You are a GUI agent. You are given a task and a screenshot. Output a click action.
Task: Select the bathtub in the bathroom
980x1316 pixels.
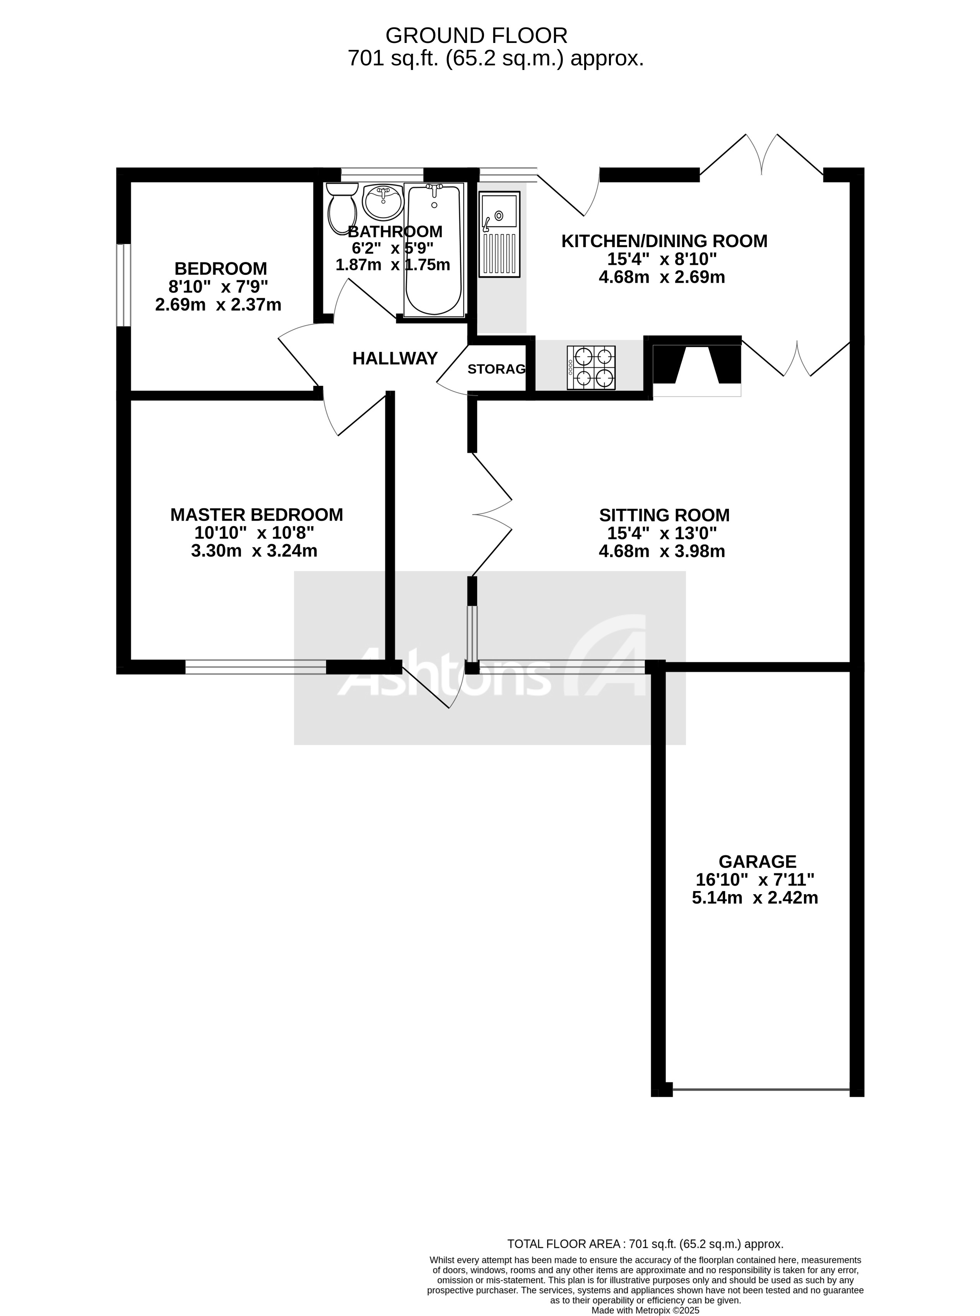434,249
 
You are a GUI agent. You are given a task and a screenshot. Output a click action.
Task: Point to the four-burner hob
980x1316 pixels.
591,368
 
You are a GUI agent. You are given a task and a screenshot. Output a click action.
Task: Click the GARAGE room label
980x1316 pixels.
757,861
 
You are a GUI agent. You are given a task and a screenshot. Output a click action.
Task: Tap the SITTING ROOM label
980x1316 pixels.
664,515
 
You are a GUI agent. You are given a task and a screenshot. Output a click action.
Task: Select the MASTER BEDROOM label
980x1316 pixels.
256,515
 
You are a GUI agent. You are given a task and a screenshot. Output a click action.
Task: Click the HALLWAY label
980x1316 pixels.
395,358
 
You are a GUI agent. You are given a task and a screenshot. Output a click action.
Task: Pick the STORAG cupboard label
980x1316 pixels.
496,369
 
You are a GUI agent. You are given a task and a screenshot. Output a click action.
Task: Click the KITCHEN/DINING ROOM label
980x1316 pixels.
664,241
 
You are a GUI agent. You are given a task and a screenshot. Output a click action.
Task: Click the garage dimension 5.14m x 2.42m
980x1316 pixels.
754,897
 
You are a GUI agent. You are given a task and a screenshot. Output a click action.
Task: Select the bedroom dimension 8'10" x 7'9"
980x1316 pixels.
218,287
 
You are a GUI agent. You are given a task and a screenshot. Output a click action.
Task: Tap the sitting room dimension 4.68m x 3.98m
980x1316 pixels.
662,551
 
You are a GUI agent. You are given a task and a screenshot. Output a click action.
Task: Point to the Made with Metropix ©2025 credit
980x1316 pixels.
645,1294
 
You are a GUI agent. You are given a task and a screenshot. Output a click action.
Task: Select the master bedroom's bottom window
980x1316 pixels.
256,667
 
